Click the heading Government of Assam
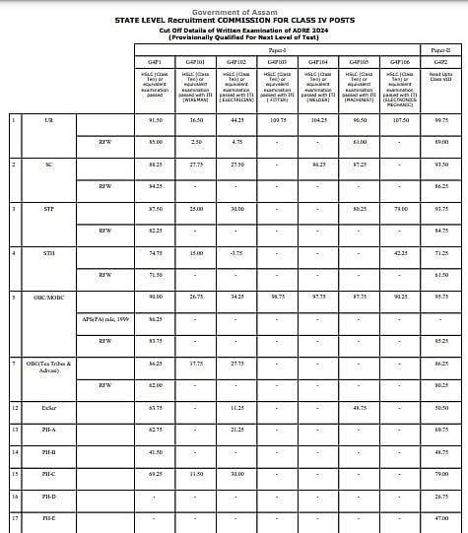pyautogui.click(x=234, y=10)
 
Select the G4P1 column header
pyautogui.click(x=154, y=61)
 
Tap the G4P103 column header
pyautogui.click(x=277, y=61)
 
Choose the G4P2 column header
pyautogui.click(x=440, y=61)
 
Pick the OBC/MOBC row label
pyautogui.click(x=49, y=296)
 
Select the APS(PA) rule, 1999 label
pyautogui.click(x=105, y=318)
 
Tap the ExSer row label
pyautogui.click(x=49, y=407)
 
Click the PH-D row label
pyautogui.click(x=49, y=496)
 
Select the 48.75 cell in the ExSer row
pyautogui.click(x=359, y=407)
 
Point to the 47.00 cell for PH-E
pyautogui.click(x=440, y=517)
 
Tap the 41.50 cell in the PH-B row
pyautogui.click(x=154, y=451)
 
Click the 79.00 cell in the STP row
pyautogui.click(x=399, y=208)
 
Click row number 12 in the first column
pyautogui.click(x=15, y=407)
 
